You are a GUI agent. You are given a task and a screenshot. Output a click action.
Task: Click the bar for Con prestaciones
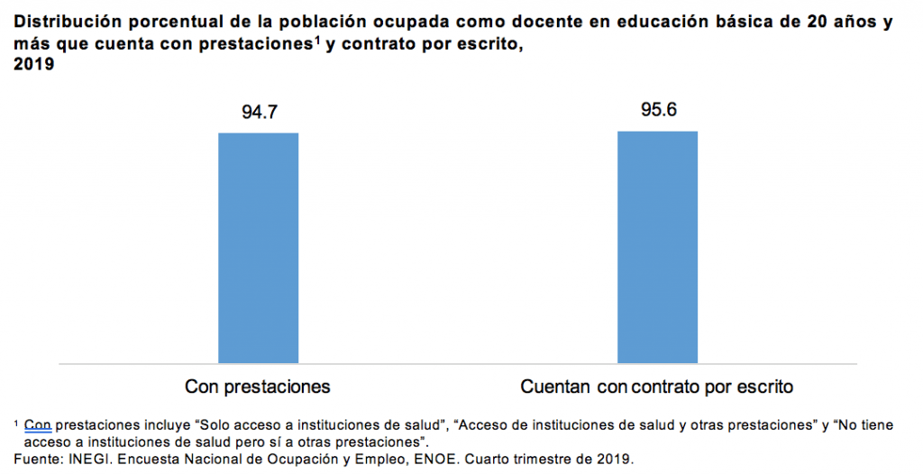tap(258, 248)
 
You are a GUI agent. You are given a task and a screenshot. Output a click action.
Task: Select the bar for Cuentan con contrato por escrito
tap(657, 247)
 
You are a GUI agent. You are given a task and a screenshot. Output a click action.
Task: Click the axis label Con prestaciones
tap(258, 387)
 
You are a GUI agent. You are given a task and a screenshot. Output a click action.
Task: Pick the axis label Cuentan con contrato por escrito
tap(657, 387)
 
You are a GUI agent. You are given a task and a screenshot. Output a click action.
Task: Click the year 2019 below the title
tap(34, 65)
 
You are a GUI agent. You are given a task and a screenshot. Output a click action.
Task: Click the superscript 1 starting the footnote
tap(17, 422)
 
